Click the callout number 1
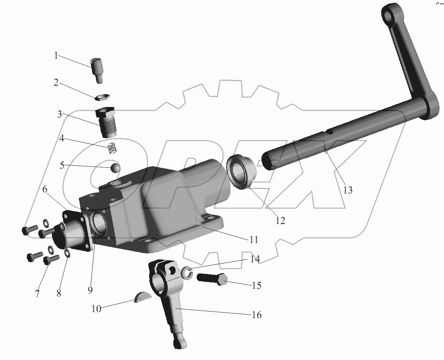(x=56, y=56)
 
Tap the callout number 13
(x=348, y=190)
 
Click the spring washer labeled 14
(x=186, y=273)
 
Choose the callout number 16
(x=257, y=315)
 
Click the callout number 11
(x=253, y=240)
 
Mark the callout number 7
(x=37, y=294)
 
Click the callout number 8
(x=59, y=293)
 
